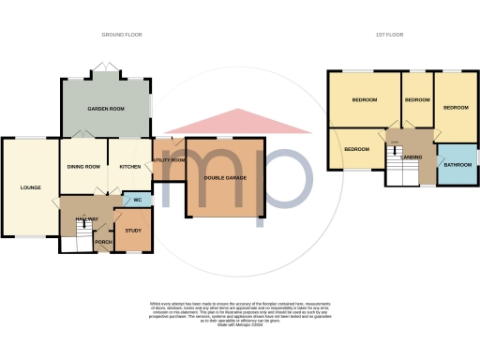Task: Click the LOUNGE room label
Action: [30, 187]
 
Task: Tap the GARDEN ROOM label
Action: [106, 110]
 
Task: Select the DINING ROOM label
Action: [83, 167]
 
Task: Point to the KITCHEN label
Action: [129, 167]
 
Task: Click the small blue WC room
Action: [137, 201]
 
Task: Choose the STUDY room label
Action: [133, 231]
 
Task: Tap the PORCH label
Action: [103, 242]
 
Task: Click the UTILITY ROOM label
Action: [168, 160]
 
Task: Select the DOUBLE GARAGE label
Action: [226, 178]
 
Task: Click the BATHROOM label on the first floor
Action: [457, 165]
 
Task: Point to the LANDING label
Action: [412, 157]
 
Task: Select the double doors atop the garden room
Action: [105, 71]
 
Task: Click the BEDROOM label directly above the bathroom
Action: [456, 108]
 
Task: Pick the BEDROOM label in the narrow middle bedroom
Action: [416, 99]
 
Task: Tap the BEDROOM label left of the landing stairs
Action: [356, 149]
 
